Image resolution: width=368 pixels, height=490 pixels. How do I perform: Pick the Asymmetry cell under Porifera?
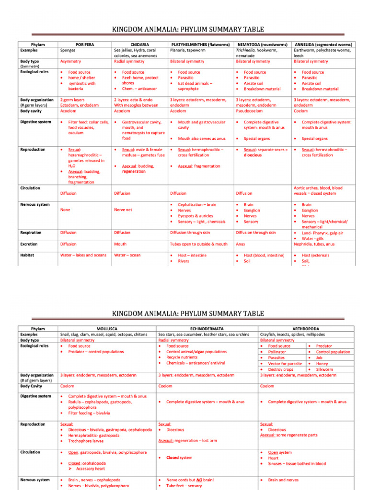point(70,61)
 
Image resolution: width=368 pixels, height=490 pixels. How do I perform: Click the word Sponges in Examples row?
point(68,50)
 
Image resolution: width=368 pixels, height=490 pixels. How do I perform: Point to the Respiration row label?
point(31,233)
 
